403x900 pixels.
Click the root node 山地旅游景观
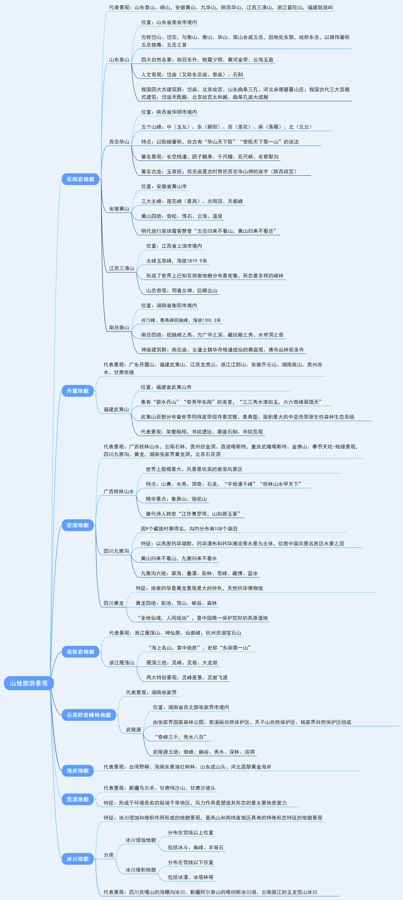[x=29, y=683]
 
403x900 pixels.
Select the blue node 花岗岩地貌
[x=80, y=179]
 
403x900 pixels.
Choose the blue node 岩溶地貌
[x=78, y=525]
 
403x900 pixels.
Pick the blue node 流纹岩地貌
[x=80, y=652]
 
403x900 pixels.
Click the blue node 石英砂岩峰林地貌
[x=89, y=715]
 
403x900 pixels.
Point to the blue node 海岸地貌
[x=78, y=771]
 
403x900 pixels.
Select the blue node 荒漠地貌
[x=78, y=799]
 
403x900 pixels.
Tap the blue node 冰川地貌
[x=78, y=859]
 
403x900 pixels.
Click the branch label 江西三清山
[x=122, y=268]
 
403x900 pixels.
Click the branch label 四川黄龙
[x=114, y=603]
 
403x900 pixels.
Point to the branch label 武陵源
[x=133, y=730]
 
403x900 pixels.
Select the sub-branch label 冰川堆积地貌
[x=141, y=870]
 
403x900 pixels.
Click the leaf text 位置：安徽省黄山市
[x=164, y=187]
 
